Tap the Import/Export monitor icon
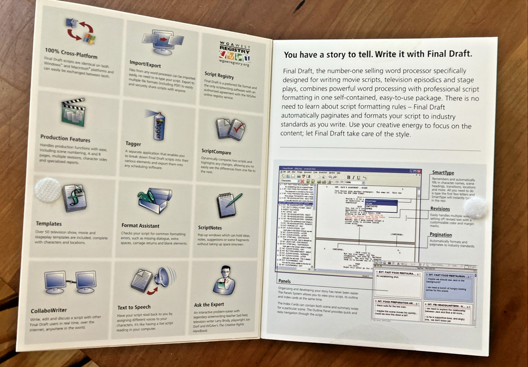(162, 41)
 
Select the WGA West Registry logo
(234, 53)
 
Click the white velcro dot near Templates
(48, 189)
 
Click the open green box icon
(154, 200)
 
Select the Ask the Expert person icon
(224, 280)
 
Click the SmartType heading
(442, 172)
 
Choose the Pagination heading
(441, 234)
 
